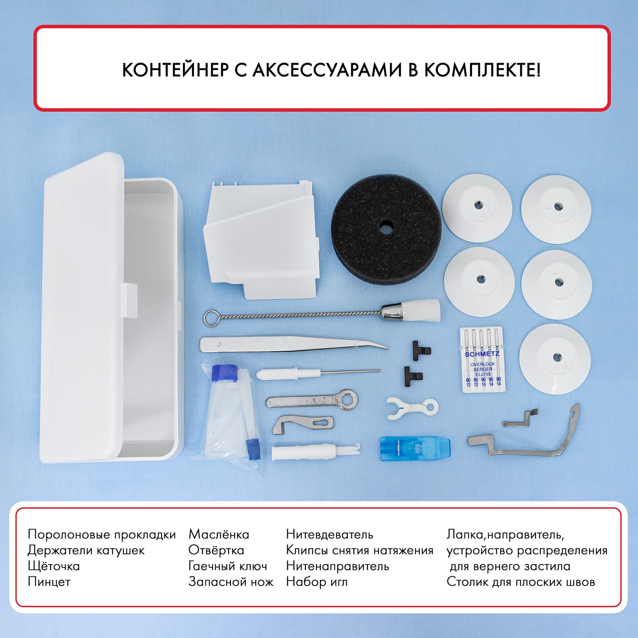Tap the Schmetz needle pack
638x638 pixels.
tap(483, 359)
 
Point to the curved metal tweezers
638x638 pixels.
tap(293, 344)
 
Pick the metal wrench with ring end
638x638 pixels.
tap(312, 400)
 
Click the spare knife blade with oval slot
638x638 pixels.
tap(302, 425)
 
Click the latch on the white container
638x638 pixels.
tap(129, 301)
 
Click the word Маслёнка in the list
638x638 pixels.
tap(219, 534)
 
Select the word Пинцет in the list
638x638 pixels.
tap(49, 582)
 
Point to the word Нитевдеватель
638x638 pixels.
tap(329, 534)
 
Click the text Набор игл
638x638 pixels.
tap(316, 582)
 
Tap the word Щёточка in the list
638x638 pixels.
tap(54, 566)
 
